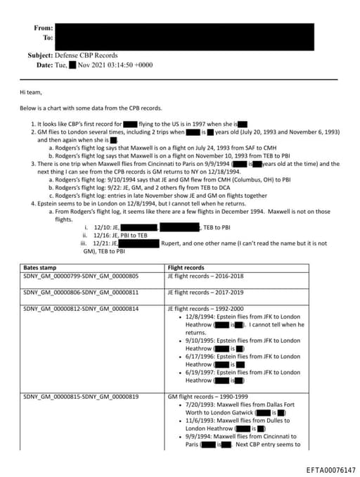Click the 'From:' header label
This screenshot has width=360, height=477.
pyautogui.click(x=43, y=28)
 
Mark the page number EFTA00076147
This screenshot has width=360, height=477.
pyautogui.click(x=331, y=469)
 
